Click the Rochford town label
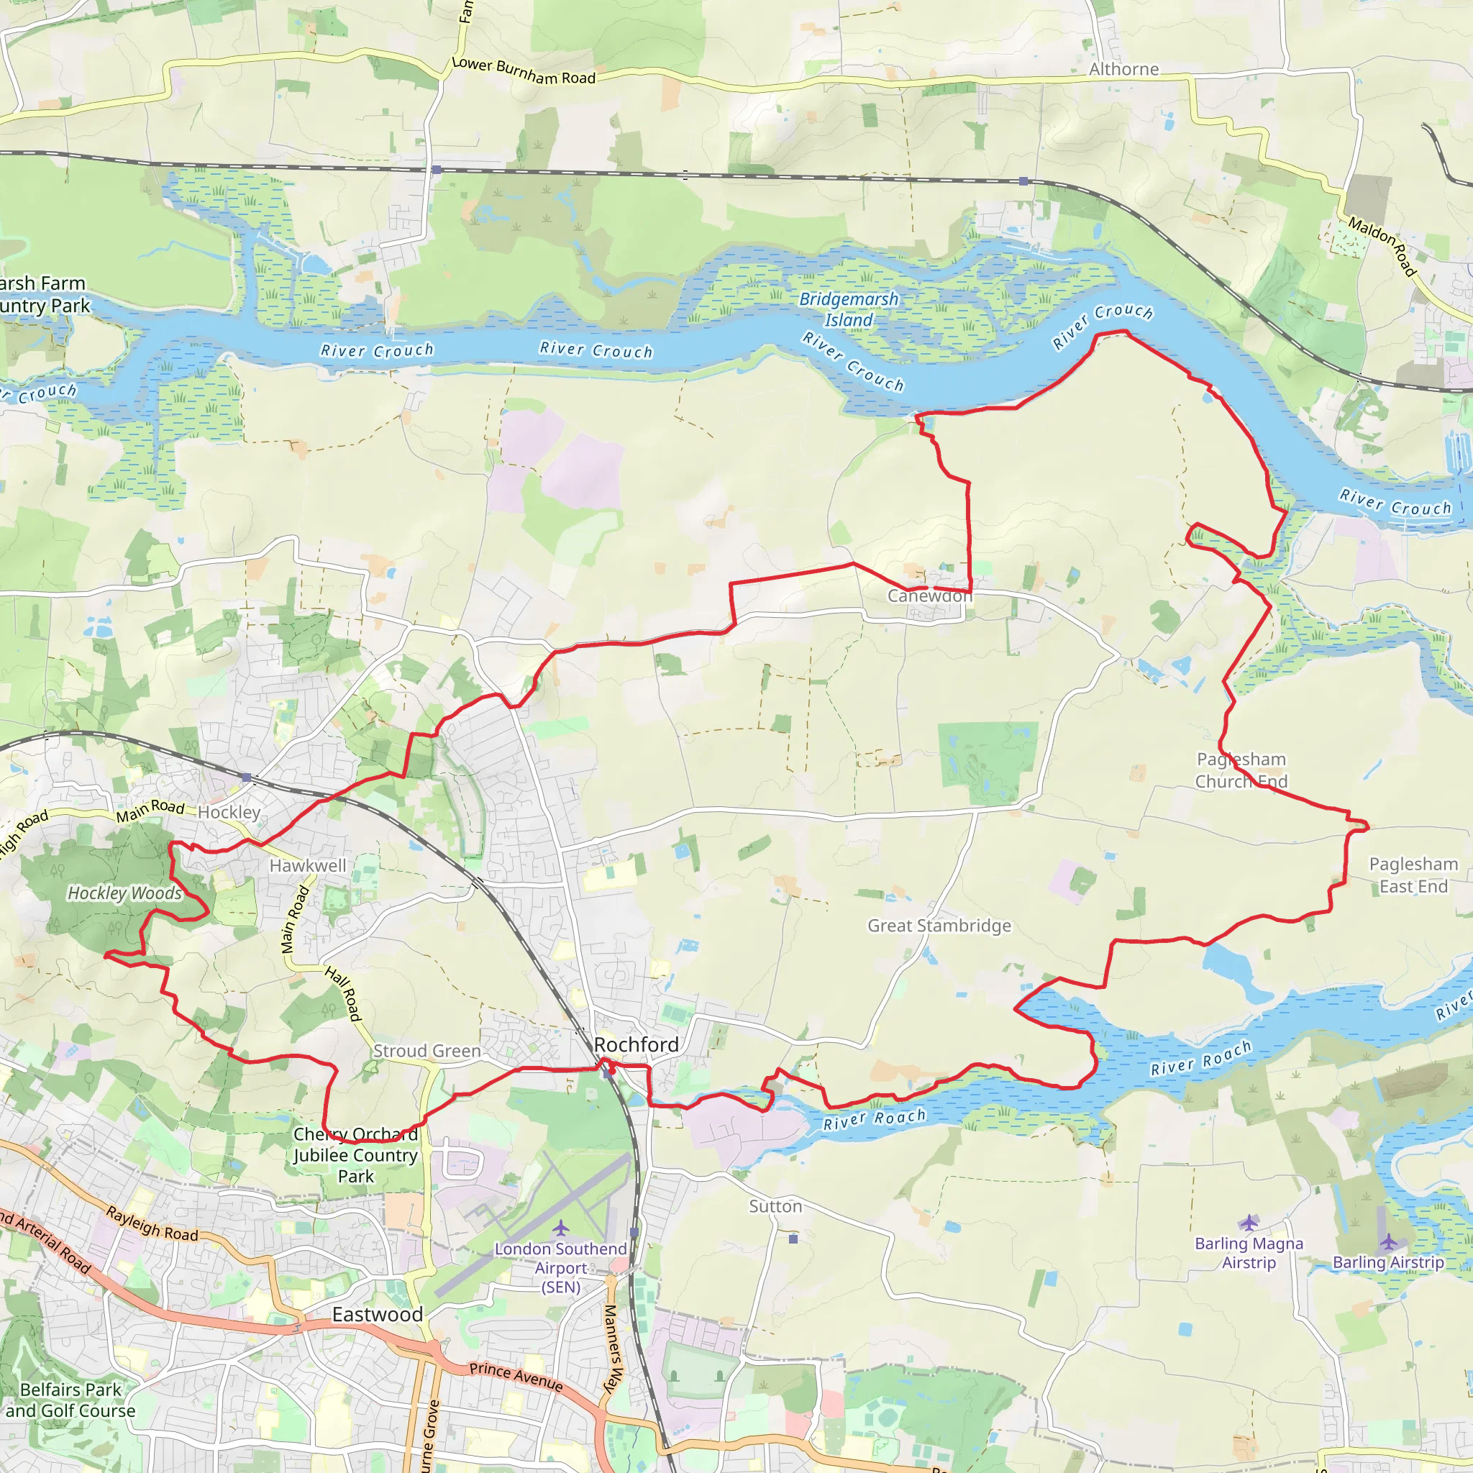coord(636,1044)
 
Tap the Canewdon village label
coord(929,596)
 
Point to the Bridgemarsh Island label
coord(849,309)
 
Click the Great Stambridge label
coord(939,926)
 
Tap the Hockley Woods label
coord(125,893)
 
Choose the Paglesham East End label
coord(1413,875)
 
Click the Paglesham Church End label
coord(1241,770)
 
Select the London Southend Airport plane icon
coord(560,1228)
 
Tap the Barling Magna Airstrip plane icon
coord(1248,1223)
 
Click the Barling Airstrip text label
coord(1387,1262)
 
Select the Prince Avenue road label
coord(516,1376)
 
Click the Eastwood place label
coord(377,1315)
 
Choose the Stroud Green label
coord(427,1051)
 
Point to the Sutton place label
coord(775,1206)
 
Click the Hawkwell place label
coord(307,865)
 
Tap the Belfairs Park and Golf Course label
coord(70,1400)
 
